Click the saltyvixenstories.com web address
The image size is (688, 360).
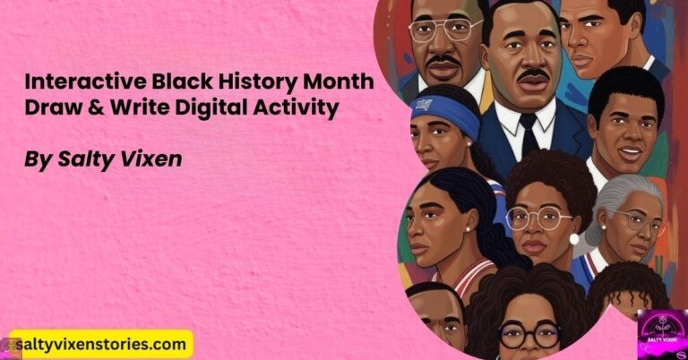point(99,345)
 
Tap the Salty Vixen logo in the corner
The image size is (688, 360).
point(661,334)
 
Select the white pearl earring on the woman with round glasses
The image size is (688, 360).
point(573,238)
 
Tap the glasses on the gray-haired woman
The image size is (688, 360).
point(639,220)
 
